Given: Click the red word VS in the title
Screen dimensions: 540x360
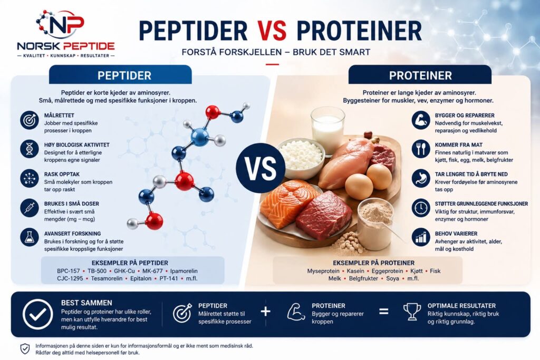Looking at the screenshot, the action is [272, 31].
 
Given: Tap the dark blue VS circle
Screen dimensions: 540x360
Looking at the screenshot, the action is [261, 168].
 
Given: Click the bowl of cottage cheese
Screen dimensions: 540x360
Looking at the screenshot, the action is [301, 154].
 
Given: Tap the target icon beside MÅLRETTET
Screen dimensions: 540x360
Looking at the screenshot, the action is [30, 120].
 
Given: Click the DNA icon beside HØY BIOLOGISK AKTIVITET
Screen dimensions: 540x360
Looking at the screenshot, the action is [30, 149].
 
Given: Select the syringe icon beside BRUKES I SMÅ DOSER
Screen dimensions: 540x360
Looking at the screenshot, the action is [30, 208].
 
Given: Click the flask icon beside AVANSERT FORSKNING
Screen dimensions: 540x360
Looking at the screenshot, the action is [30, 237].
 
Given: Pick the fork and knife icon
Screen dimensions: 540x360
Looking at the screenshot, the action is [420, 149].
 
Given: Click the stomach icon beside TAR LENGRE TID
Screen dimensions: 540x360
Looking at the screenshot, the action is [420, 178].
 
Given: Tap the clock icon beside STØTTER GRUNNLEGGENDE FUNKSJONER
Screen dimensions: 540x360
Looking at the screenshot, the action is [420, 208].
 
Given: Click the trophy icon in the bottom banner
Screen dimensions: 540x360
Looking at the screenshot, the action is [412, 312].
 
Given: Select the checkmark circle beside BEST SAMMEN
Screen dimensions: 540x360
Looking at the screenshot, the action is [37, 315].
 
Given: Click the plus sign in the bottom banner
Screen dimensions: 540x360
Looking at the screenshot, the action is [266, 312].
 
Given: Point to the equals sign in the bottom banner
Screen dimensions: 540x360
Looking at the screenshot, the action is [384, 312].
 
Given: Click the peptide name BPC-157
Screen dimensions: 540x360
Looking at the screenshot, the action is [68, 271].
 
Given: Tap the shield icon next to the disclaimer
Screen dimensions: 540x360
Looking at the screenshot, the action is [25, 348].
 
